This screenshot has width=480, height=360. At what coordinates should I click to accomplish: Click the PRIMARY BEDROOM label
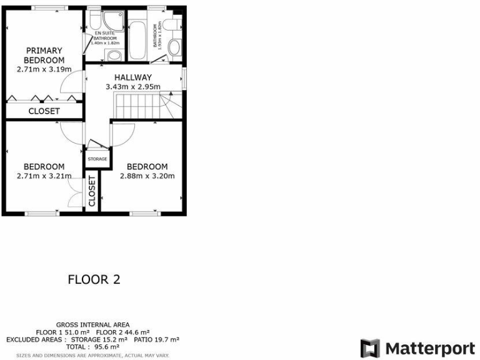pos(44,55)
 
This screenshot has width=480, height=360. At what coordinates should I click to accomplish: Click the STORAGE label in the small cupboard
pos(97,159)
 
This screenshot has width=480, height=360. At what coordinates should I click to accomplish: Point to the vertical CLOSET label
pos(92,191)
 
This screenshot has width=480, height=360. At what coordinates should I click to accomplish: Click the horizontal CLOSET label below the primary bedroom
pos(44,111)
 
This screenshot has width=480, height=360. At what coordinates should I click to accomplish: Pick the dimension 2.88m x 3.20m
pos(147,176)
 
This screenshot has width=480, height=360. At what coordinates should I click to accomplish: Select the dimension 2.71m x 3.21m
pos(44,176)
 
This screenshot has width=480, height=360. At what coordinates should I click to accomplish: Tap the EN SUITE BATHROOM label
pos(104,37)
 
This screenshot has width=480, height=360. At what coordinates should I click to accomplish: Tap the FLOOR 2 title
pos(94,279)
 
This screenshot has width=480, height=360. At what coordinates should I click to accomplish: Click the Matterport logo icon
pos(370,348)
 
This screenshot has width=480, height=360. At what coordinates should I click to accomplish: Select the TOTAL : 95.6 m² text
pos(93,346)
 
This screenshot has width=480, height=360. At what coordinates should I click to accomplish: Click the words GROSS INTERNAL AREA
pos(93,324)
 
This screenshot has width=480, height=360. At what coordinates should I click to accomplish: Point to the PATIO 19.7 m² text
pos(156,339)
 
